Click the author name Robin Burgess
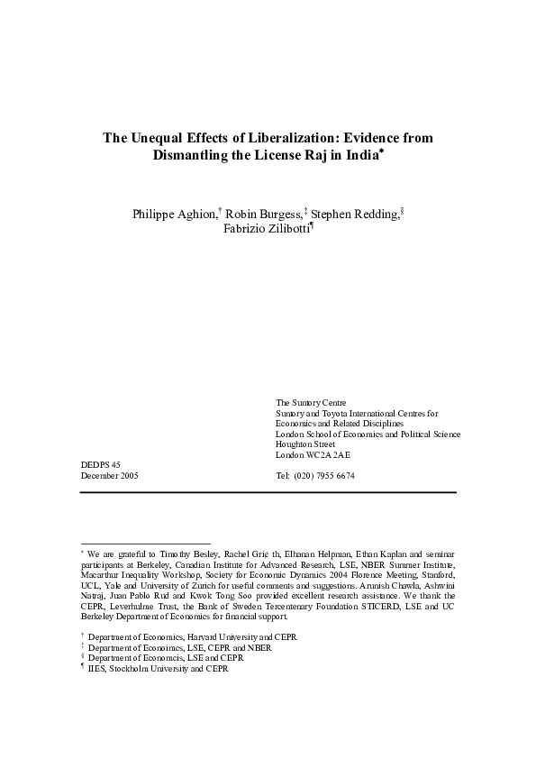point(261,214)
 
